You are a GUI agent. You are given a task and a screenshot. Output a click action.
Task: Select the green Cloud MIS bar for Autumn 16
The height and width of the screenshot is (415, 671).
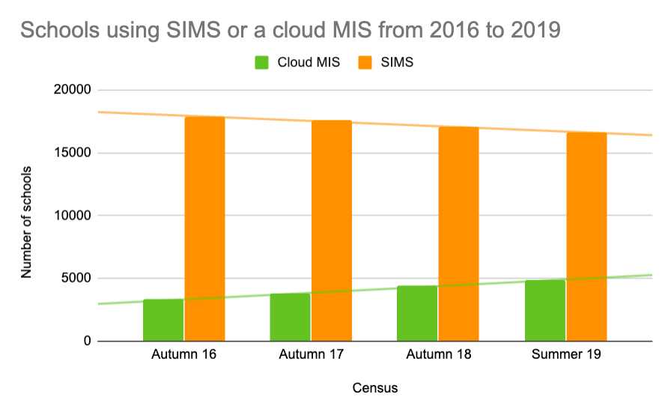pyautogui.click(x=163, y=320)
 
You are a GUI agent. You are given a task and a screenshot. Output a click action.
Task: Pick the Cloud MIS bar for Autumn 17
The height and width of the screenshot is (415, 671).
pyautogui.click(x=290, y=317)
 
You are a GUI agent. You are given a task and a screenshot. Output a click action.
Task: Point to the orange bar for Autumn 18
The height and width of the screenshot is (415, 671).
pyautogui.click(x=458, y=233)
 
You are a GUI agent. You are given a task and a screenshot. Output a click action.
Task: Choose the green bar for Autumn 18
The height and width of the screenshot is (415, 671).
pyautogui.click(x=417, y=313)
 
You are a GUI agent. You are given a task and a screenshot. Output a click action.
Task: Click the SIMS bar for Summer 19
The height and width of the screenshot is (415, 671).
pyautogui.click(x=586, y=236)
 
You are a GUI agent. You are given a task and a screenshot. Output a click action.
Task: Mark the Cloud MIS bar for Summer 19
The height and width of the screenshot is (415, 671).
pyautogui.click(x=544, y=310)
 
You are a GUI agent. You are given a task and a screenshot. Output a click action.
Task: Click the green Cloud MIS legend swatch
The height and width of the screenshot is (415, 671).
pyautogui.click(x=263, y=62)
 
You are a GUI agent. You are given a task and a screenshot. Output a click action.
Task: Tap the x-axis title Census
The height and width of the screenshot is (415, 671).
pyautogui.click(x=374, y=388)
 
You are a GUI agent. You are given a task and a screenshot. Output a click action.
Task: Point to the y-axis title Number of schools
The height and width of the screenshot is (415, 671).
pyautogui.click(x=27, y=216)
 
